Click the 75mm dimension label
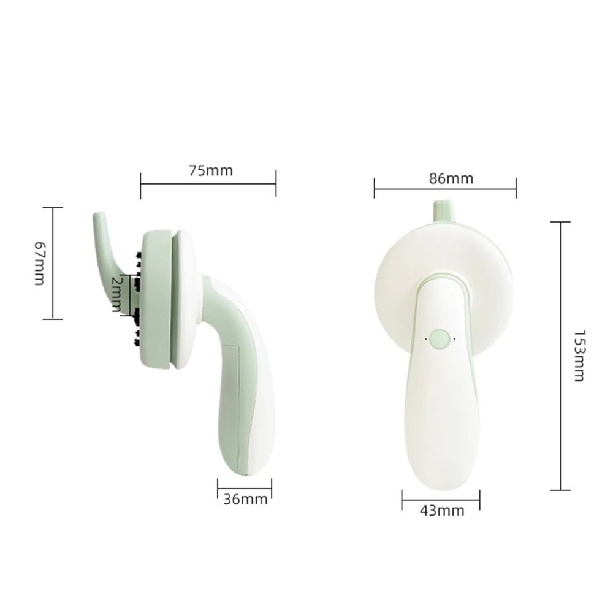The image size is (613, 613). [211, 171]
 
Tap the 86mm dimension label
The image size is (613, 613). [451, 178]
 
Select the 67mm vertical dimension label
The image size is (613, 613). [40, 263]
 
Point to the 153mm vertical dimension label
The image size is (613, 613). [579, 356]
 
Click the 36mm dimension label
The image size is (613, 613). [246, 499]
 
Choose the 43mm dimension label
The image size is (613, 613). [442, 511]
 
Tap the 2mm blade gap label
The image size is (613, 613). [117, 294]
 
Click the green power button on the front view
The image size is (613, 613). [440, 338]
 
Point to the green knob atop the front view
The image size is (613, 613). [444, 210]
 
